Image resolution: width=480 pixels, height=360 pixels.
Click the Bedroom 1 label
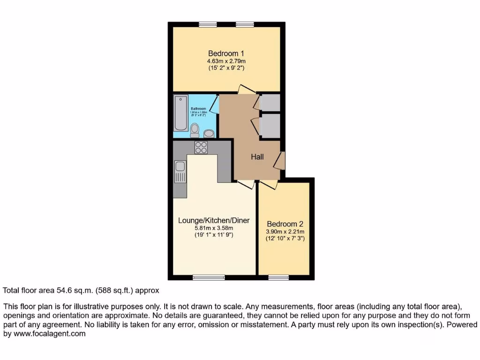point(226,53)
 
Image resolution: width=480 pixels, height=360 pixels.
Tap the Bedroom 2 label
point(285,224)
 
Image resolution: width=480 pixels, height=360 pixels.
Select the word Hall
point(257,157)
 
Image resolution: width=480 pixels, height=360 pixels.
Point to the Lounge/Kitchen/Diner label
point(214,220)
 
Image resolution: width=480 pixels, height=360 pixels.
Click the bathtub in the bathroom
point(180,113)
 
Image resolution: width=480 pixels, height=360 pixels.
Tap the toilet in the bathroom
point(195,129)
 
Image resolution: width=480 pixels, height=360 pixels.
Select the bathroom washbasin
point(209,133)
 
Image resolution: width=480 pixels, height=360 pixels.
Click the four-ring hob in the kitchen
point(201,147)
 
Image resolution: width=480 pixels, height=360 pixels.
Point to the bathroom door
point(214,105)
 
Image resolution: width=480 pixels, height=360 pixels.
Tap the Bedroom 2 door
point(269,185)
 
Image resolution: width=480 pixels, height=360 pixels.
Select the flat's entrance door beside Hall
point(279,160)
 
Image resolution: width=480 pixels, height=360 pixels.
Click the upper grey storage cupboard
point(270,103)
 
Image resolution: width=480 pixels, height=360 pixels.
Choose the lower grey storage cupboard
point(270,126)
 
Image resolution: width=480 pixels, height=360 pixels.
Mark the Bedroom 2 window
point(278,277)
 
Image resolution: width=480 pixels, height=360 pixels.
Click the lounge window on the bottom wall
point(209,277)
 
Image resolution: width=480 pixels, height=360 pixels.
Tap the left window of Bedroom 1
point(206,24)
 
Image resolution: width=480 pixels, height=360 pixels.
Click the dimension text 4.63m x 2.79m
point(226,61)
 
